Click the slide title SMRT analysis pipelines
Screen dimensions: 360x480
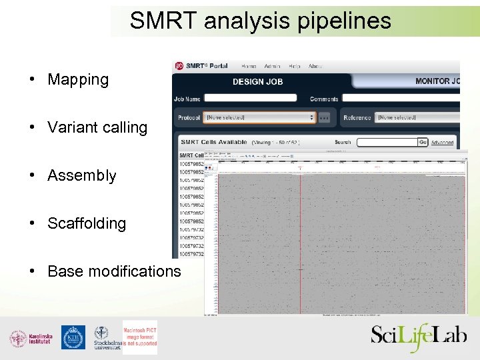pyautogui.click(x=260, y=21)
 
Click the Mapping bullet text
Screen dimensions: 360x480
pyautogui.click(x=78, y=79)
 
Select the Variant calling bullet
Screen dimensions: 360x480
pyautogui.click(x=97, y=127)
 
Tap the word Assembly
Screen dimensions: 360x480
pyautogui.click(x=82, y=175)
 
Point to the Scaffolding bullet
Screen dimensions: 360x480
pyautogui.click(x=87, y=223)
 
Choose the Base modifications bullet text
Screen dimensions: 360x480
pyautogui.click(x=114, y=271)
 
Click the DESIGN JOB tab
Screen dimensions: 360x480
pyautogui.click(x=257, y=81)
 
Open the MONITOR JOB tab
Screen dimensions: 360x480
pyautogui.click(x=437, y=81)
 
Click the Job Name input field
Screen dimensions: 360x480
pyautogui.click(x=250, y=98)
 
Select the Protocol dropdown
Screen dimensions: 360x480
pyautogui.click(x=259, y=117)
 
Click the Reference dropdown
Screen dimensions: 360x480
pyautogui.click(x=417, y=117)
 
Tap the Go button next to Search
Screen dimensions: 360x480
pyautogui.click(x=423, y=142)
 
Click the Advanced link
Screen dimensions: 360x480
pyautogui.click(x=443, y=143)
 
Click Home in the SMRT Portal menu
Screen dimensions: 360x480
pyautogui.click(x=249, y=66)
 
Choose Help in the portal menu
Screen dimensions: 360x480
pyautogui.click(x=295, y=66)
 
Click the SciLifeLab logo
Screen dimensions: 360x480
pyautogui.click(x=419, y=336)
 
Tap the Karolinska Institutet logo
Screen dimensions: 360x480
pyautogui.click(x=31, y=339)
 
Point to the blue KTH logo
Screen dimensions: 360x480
pyautogui.click(x=73, y=337)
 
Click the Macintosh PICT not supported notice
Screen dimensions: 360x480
pyautogui.click(x=140, y=337)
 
